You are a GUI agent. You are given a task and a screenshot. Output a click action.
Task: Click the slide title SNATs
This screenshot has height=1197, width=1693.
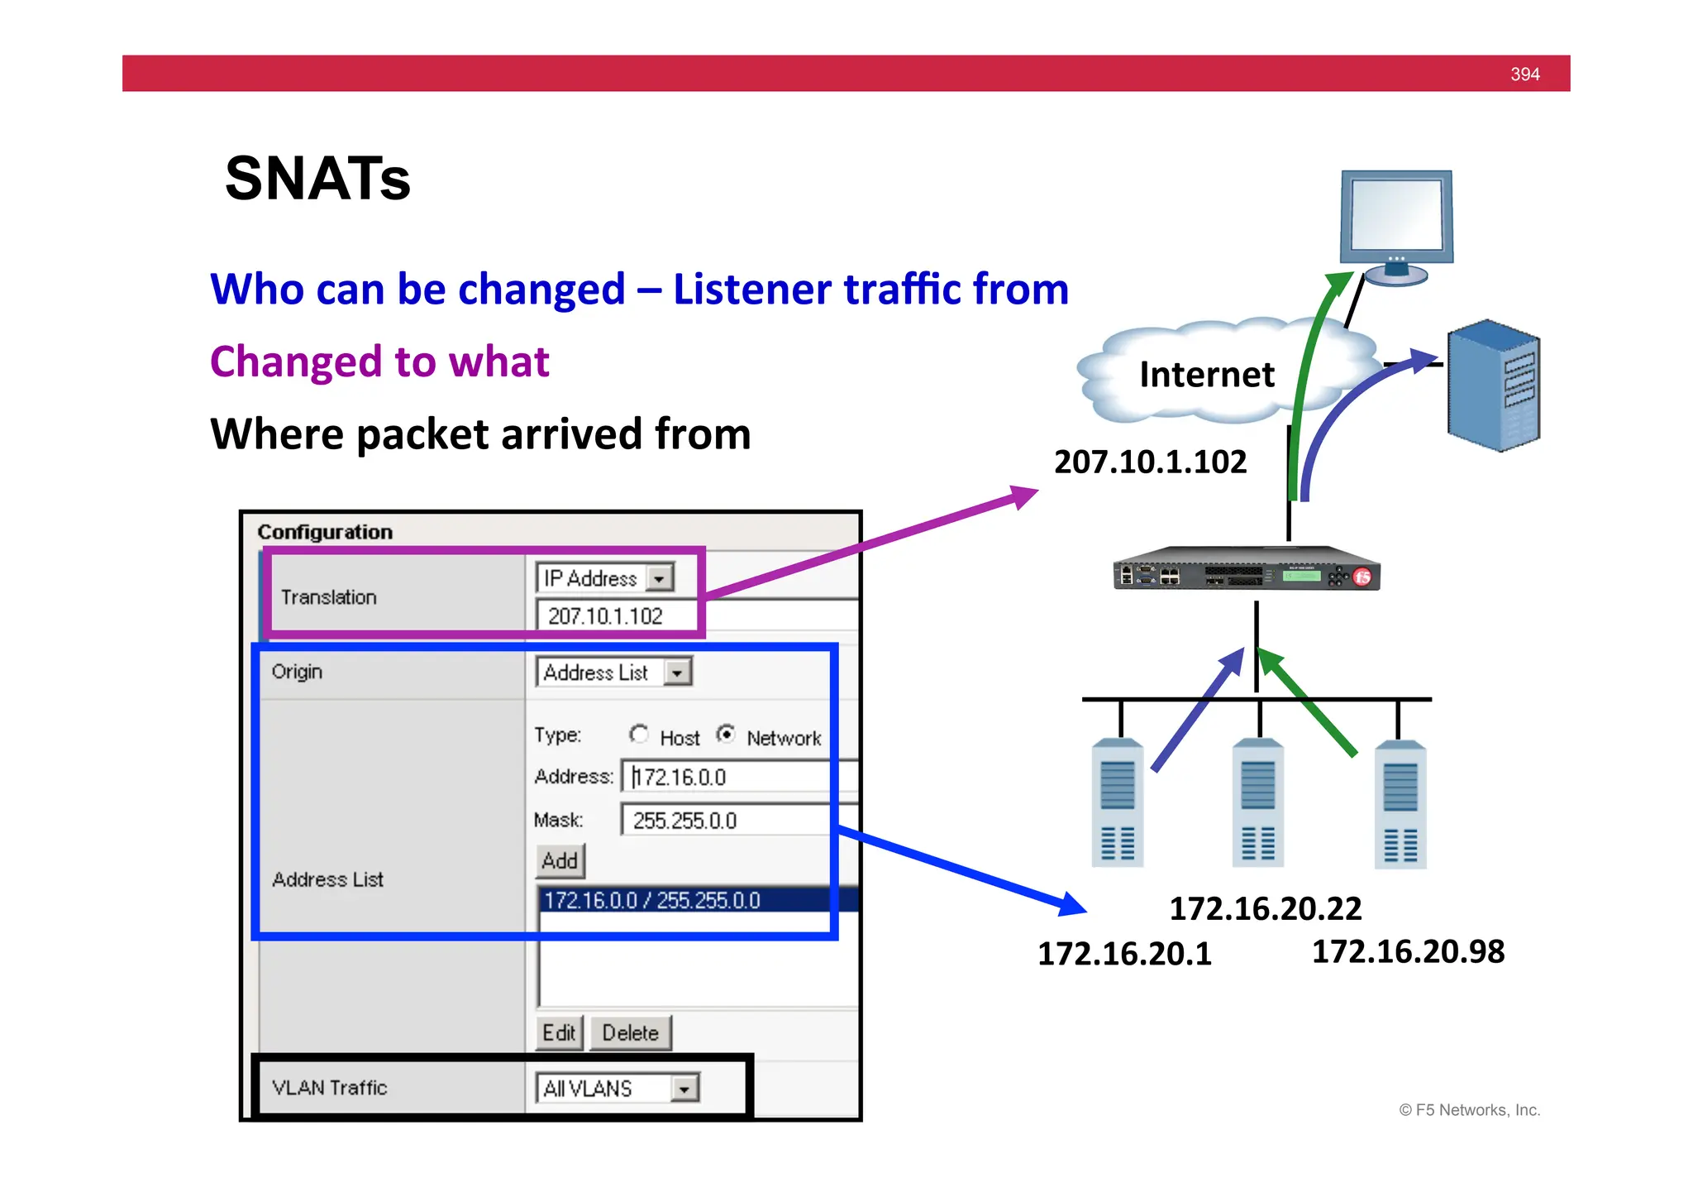[x=317, y=179]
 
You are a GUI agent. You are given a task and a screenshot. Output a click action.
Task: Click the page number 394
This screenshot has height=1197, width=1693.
[x=1524, y=74]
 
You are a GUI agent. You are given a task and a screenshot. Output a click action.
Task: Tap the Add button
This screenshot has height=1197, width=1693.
[x=560, y=861]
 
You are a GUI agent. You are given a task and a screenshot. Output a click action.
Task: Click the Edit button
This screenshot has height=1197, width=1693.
[x=559, y=1033]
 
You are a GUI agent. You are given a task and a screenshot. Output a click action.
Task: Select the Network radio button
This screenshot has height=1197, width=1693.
[x=726, y=734]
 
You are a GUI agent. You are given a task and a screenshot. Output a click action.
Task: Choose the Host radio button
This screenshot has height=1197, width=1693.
[x=638, y=734]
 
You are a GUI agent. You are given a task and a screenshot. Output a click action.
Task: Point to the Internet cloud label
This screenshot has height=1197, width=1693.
[x=1206, y=375]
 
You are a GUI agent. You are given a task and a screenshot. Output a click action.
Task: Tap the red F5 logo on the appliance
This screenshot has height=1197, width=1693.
[x=1362, y=577]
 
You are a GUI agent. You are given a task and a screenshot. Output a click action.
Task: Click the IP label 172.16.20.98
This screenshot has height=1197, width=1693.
[x=1408, y=951]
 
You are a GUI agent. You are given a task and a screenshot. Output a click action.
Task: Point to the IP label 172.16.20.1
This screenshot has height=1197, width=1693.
[x=1124, y=954]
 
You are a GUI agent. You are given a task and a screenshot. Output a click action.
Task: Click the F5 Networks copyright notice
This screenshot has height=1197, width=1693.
[x=1469, y=1110]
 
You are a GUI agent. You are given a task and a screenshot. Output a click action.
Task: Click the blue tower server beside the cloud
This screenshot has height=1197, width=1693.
[x=1493, y=385]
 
